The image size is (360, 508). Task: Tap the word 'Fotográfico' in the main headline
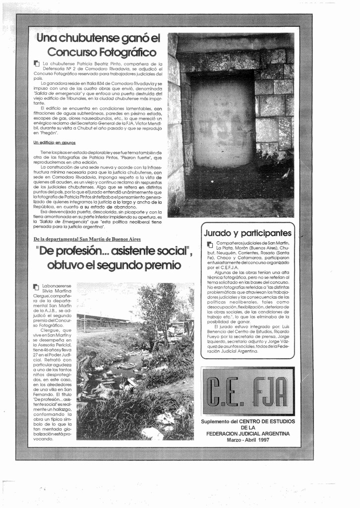[127, 52]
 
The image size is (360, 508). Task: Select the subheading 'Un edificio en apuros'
[55, 142]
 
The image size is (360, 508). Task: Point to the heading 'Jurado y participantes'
[247, 233]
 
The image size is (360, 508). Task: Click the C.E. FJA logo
[248, 391]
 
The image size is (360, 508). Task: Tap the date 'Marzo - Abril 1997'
[247, 440]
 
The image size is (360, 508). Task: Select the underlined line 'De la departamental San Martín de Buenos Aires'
[87, 239]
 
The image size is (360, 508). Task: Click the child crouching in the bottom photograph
[88, 367]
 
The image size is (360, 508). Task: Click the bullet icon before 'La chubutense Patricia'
[36, 64]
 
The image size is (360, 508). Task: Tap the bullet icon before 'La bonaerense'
[36, 287]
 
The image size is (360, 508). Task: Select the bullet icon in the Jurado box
[210, 244]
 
